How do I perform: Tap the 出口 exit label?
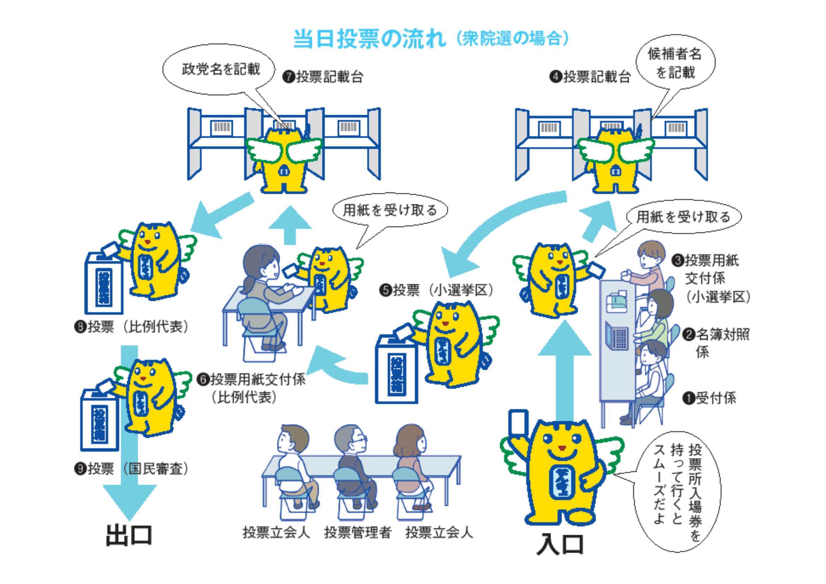(x=129, y=535)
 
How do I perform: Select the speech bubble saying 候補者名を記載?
(x=674, y=63)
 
